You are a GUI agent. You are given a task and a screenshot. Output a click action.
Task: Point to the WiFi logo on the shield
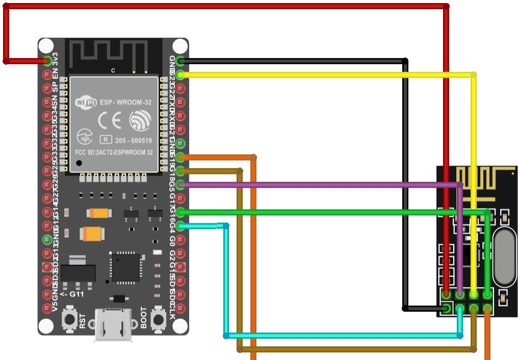coord(86,102)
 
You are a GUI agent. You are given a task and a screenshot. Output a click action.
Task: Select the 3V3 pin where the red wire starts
coord(48,61)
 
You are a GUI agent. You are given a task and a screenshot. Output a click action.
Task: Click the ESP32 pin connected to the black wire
coord(180,61)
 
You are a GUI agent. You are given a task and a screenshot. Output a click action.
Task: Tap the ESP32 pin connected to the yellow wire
coord(180,75)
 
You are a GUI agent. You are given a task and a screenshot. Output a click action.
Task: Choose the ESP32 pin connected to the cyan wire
coord(180,225)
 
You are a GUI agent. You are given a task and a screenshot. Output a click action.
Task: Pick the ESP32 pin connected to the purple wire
coord(180,184)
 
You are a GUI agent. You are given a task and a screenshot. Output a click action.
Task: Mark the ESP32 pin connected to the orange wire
coord(180,157)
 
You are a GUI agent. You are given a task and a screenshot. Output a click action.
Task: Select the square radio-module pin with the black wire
coord(447,308)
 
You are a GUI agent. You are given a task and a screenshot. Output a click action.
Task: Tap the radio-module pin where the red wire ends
coord(447,295)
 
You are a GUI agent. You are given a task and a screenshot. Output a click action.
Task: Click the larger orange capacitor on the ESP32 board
coord(91,234)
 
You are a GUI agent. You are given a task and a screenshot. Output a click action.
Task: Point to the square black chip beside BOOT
coord(125,267)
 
